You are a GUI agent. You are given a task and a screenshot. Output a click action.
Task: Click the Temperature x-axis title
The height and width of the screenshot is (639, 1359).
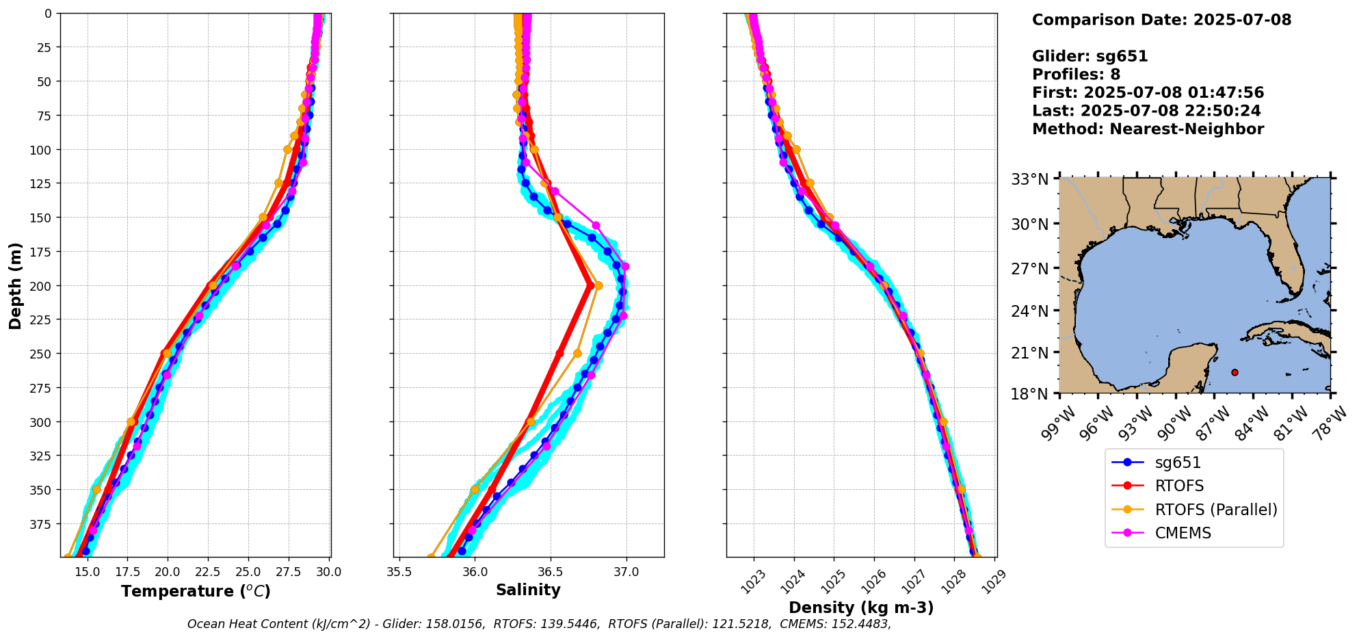(x=196, y=591)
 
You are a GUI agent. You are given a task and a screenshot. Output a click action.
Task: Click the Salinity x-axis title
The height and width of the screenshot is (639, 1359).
(x=528, y=590)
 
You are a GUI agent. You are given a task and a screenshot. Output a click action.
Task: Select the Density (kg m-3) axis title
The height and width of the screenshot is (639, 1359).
(x=860, y=608)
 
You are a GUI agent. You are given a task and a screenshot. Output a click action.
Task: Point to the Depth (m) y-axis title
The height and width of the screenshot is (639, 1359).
(x=16, y=285)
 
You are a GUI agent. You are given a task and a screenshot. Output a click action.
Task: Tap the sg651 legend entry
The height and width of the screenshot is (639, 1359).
(x=1178, y=462)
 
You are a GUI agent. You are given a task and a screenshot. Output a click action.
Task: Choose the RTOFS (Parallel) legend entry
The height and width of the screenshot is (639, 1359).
(x=1215, y=510)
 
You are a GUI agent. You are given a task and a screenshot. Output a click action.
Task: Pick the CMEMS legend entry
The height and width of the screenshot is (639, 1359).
(x=1183, y=533)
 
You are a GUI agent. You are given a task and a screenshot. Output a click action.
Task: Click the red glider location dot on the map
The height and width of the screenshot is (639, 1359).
(x=1235, y=372)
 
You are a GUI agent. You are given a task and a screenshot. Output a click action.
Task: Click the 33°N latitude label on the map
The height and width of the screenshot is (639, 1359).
(x=1030, y=179)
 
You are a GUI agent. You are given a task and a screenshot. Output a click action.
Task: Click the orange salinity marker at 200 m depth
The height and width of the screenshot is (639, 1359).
(x=598, y=285)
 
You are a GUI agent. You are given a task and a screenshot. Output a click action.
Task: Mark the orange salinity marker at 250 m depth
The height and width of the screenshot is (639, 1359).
(x=577, y=354)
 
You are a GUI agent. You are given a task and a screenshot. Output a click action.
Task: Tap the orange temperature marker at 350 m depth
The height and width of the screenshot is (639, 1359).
(x=96, y=489)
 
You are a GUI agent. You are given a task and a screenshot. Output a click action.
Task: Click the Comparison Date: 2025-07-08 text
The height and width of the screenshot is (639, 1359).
(x=1161, y=20)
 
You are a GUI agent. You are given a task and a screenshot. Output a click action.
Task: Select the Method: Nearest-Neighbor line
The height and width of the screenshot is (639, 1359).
(x=1148, y=129)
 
